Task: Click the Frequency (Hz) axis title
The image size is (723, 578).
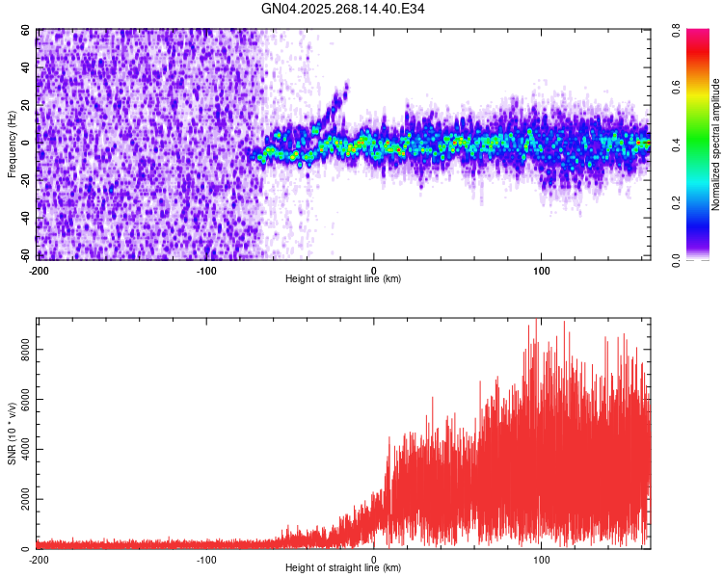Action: click(12, 144)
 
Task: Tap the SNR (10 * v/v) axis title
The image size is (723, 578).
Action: click(12, 433)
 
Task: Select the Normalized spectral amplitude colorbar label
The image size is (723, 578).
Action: click(715, 144)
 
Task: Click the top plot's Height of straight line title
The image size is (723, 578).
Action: click(343, 278)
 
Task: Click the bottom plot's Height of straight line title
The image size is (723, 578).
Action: click(343, 567)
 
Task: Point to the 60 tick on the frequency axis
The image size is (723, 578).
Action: click(26, 31)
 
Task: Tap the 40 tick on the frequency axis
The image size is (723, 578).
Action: click(26, 68)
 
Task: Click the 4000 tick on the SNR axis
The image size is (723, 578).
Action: click(21, 449)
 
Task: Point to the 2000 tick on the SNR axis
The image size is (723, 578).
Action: click(21, 499)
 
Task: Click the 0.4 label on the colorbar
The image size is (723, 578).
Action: click(692, 144)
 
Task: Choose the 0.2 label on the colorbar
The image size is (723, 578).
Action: click(692, 202)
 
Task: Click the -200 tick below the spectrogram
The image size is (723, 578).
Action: click(39, 269)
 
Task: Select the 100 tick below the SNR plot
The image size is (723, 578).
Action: click(542, 559)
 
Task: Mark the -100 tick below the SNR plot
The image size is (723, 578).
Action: click(206, 559)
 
